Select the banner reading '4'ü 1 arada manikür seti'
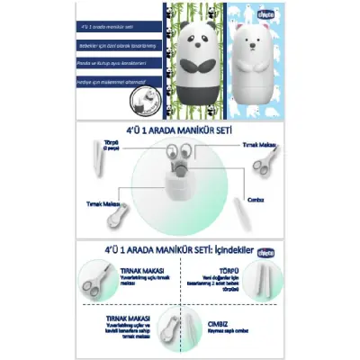[x=105, y=29]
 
